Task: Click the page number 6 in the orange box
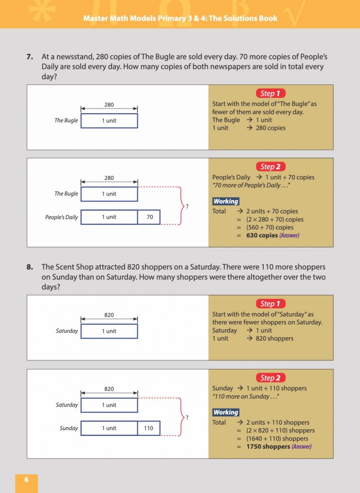pyautogui.click(x=26, y=480)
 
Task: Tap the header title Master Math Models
pyautogui.click(x=180, y=18)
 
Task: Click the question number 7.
pyautogui.click(x=30, y=57)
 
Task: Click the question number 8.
pyautogui.click(x=30, y=267)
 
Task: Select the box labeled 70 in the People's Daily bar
pyautogui.click(x=149, y=217)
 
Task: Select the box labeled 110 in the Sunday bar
pyautogui.click(x=149, y=428)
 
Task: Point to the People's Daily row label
pyautogui.click(x=61, y=217)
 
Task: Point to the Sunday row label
pyautogui.click(x=68, y=428)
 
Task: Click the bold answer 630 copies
pyautogui.click(x=262, y=236)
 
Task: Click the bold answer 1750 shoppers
pyautogui.click(x=268, y=447)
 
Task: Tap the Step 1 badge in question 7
pyautogui.click(x=270, y=93)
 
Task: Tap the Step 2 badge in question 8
pyautogui.click(x=270, y=378)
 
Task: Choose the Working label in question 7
pyautogui.click(x=225, y=201)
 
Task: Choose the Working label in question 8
pyautogui.click(x=225, y=412)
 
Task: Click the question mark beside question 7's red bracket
pyautogui.click(x=187, y=206)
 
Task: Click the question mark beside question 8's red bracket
pyautogui.click(x=187, y=417)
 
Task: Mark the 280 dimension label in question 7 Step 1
pyautogui.click(x=109, y=105)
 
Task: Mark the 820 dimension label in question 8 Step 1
pyautogui.click(x=109, y=315)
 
